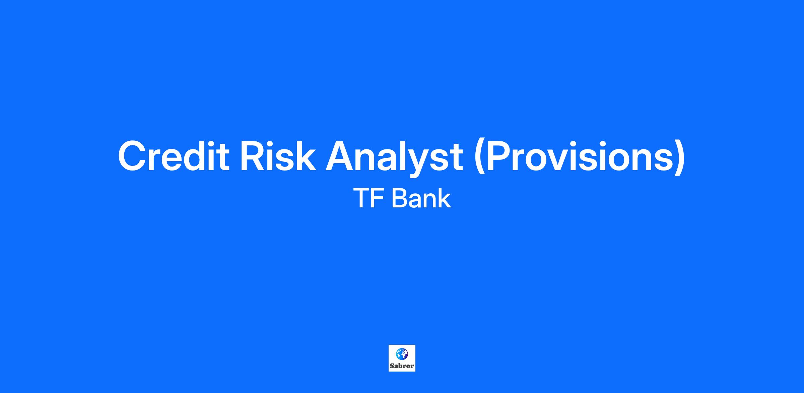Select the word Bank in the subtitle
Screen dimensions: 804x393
pos(421,198)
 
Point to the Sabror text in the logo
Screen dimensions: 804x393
pos(402,366)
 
